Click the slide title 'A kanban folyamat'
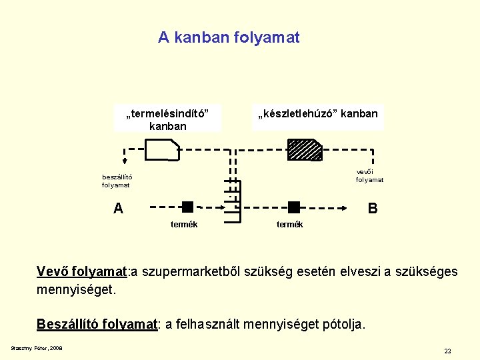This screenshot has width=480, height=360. tap(229, 38)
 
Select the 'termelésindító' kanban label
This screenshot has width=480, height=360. tap(167, 119)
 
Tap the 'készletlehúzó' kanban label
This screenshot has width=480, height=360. tap(317, 113)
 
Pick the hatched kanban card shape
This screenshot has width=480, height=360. tap(305, 151)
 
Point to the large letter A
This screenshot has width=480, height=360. tap(118, 209)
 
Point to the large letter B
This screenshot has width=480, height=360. tap(373, 209)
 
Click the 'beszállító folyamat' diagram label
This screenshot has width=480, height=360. tap(117, 181)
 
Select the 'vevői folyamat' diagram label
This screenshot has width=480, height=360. tap(369, 175)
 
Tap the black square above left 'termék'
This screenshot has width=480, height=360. tap(187, 207)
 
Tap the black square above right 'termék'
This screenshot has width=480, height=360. tap(294, 207)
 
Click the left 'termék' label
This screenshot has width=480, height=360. tap(183, 224)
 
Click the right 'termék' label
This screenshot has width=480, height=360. tap(289, 224)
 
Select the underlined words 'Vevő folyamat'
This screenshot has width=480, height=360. tap(81, 272)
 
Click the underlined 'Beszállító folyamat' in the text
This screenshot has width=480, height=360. tap(97, 324)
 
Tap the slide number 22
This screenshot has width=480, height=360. tap(447, 351)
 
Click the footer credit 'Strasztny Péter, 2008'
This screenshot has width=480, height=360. tap(37, 348)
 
